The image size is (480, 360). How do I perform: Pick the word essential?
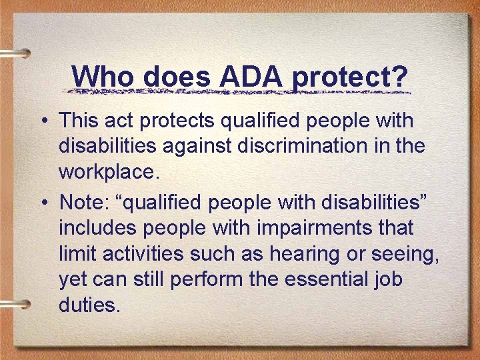click(326, 280)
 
